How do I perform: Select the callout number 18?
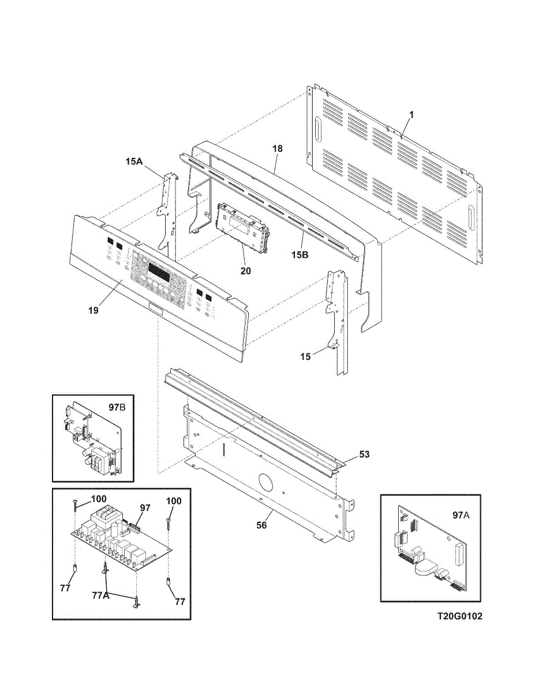pos(278,149)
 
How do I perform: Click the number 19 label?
pos(93,310)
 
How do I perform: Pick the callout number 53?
pos(364,454)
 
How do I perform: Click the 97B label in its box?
pos(117,407)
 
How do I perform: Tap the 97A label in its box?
pos(461,514)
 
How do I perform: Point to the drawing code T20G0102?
pos(459,616)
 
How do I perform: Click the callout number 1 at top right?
pos(411,115)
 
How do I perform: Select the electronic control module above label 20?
pos(242,226)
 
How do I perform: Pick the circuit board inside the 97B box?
pos(92,441)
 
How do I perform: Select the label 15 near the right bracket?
pos(305,356)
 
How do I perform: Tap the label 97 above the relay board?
pos(145,507)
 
